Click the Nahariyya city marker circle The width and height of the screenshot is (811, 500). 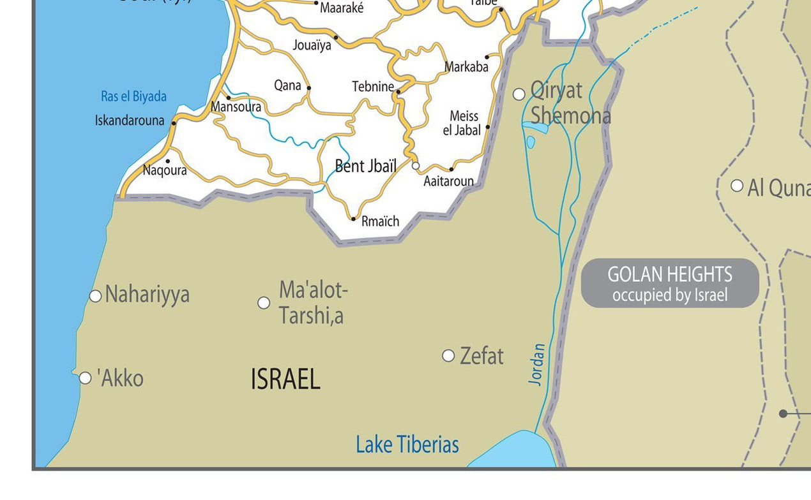pos(95,296)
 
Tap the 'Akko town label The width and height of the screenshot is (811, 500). pos(121,378)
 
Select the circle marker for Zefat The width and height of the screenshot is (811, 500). pos(448,355)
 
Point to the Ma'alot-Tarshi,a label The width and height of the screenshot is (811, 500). pos(313,302)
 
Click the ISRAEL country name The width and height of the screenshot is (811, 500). pos(285,379)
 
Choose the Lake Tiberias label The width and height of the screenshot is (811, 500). pos(407,445)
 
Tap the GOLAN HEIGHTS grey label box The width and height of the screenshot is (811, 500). pos(670,283)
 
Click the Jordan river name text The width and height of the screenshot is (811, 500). pos(537,364)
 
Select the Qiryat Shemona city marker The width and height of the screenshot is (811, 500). pos(519,94)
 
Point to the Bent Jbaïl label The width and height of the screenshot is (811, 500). pos(366,166)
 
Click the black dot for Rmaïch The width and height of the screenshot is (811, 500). pos(353,219)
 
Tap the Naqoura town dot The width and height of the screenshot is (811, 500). pos(168,161)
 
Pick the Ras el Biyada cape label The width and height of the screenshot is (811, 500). pos(133,96)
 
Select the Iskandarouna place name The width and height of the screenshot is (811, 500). pos(130,120)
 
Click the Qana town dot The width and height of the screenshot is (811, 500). pos(308,88)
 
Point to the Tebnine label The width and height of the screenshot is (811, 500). pos(373,86)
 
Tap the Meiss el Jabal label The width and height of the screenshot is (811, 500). pos(462,123)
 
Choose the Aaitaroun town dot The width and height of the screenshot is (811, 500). pos(451,169)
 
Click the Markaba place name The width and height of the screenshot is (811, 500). pos(466,67)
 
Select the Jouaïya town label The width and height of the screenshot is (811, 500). pos(312,45)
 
